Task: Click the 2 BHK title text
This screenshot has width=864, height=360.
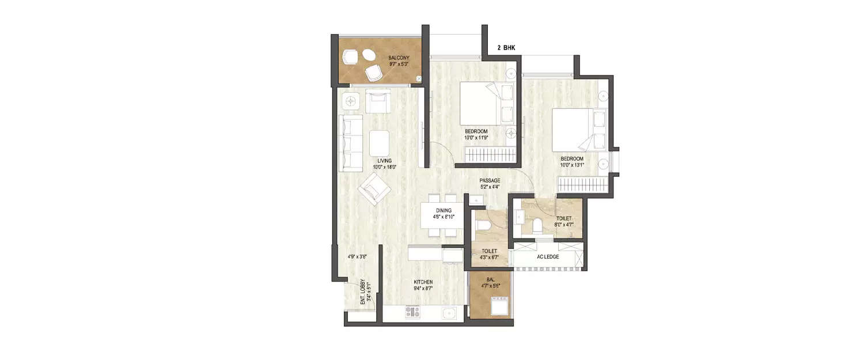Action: [x=506, y=48]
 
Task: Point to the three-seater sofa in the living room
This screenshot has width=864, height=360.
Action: [x=350, y=143]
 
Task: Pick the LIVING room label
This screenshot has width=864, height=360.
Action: [x=385, y=164]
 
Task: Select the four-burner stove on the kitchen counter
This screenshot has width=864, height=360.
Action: [x=412, y=313]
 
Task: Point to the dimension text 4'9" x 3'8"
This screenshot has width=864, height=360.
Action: [x=357, y=256]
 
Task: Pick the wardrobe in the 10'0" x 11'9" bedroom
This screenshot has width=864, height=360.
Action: [x=489, y=156]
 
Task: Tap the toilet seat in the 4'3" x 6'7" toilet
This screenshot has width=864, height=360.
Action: [x=483, y=226]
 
